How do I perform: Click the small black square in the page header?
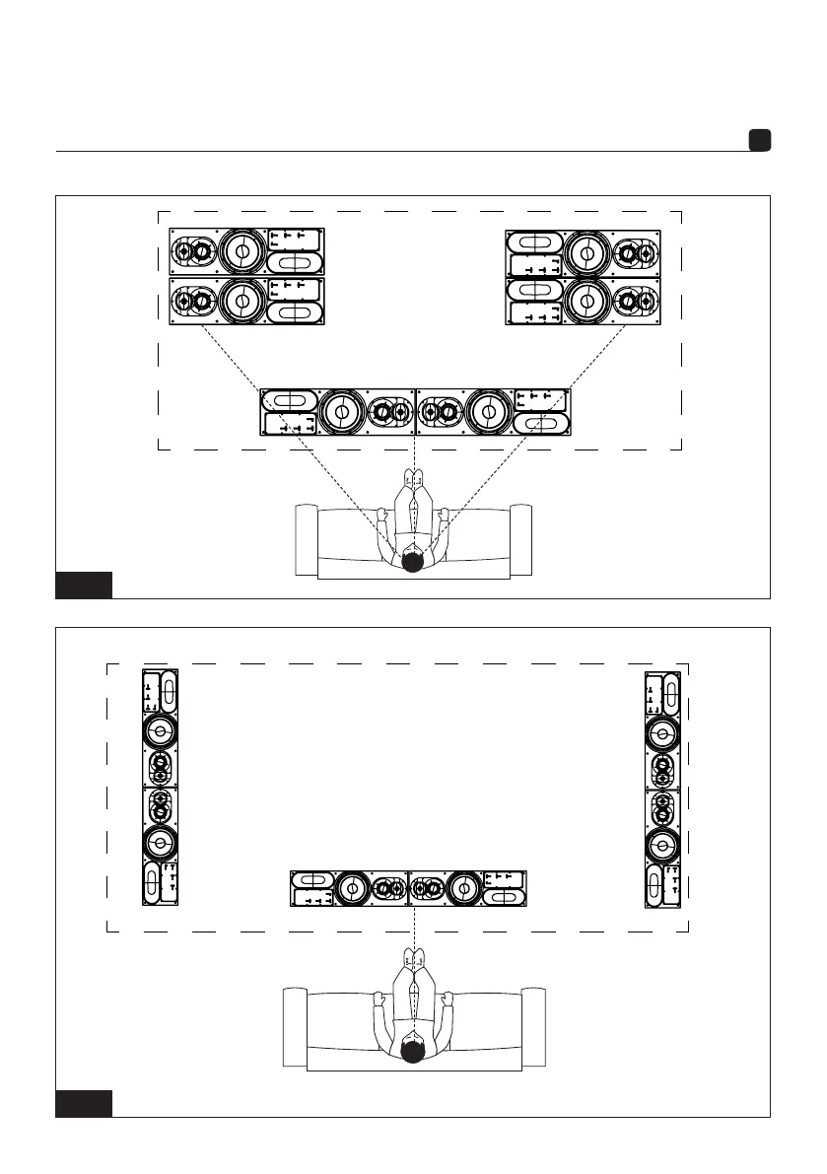[759, 141]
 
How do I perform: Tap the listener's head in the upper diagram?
[414, 561]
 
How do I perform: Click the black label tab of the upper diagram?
[83, 585]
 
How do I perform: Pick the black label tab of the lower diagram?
[83, 1104]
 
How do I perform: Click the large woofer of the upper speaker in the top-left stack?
[240, 252]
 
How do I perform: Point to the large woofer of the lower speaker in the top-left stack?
[240, 301]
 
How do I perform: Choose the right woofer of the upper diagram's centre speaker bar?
[487, 411]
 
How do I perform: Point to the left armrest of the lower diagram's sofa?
[295, 1026]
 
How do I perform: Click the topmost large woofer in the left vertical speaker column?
[161, 730]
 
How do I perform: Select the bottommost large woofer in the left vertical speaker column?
[161, 843]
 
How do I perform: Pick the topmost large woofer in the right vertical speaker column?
[662, 732]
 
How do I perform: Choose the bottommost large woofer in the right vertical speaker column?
[662, 845]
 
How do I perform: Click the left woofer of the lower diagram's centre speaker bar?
[349, 888]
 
